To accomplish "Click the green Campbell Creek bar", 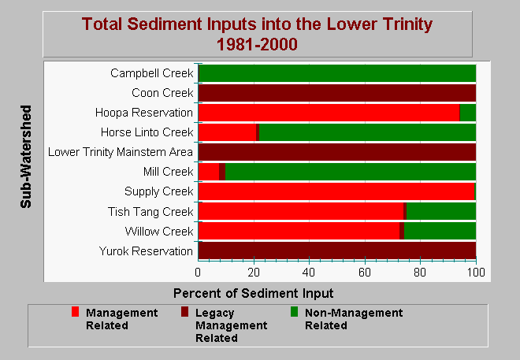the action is (x=337, y=73).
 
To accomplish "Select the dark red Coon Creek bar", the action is (x=337, y=93).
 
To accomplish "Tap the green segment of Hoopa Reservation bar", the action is (x=468, y=113).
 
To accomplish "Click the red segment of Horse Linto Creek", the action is (x=227, y=132).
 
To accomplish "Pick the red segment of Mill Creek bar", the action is (x=209, y=172).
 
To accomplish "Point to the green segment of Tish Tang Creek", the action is (x=441, y=211).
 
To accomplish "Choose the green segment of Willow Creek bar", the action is (x=440, y=231).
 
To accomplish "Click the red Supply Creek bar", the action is (x=336, y=191).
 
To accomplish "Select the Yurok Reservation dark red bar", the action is (x=337, y=251).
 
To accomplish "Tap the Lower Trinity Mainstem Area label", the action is (x=121, y=152).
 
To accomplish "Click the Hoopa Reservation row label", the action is (x=144, y=113).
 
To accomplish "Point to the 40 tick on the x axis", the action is (x=309, y=259).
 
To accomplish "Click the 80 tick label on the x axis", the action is (x=420, y=272).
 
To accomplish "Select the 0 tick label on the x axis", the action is (x=198, y=272).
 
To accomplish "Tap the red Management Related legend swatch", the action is (x=76, y=312).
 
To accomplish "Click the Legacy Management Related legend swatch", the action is (x=184, y=312).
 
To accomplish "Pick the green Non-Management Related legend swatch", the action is (x=294, y=312).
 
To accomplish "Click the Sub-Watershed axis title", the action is (x=26, y=157).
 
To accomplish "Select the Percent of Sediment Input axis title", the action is (x=254, y=293).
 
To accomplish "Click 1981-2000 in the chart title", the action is (x=257, y=44).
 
